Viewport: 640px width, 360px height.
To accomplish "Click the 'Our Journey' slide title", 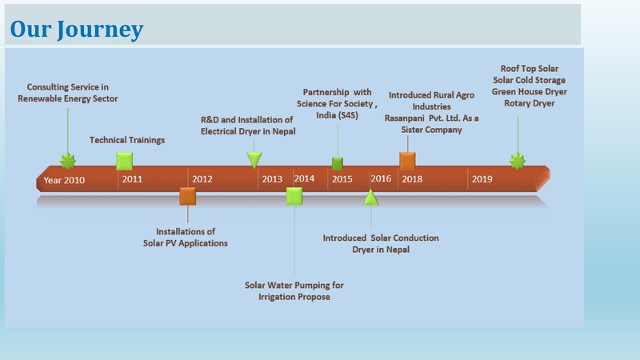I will pos(77,30).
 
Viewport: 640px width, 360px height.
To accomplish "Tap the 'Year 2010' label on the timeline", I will pos(64,180).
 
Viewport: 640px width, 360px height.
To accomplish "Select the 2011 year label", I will pos(132,179).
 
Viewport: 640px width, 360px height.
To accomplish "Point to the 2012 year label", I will pos(202,179).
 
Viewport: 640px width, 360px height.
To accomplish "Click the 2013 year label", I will pos(272,179).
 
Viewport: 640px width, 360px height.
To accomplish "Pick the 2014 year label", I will pos(304,178).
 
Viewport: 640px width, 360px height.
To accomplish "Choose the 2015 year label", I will pos(342,179).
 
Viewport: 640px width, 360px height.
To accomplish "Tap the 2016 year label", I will pos(381,178).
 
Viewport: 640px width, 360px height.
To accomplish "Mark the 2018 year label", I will pos(412,179).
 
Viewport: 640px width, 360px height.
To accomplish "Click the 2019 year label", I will pos(482,179).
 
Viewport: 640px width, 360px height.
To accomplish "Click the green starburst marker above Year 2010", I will pos(68,161).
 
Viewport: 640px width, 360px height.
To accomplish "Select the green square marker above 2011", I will pos(124,160).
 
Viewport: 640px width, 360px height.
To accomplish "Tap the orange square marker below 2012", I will pos(187,196).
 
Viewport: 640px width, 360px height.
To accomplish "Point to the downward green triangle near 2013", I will pos(254,160).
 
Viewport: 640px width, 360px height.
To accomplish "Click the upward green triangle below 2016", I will pos(370,197).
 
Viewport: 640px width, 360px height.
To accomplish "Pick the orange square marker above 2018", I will pos(407,160).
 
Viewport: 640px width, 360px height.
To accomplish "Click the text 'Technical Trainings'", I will pos(127,140).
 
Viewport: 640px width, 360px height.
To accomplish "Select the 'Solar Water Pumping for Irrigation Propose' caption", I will pos(294,290).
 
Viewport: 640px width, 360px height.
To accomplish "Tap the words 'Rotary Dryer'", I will pos(529,103).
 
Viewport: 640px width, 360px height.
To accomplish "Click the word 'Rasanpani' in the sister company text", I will pos(406,118).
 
